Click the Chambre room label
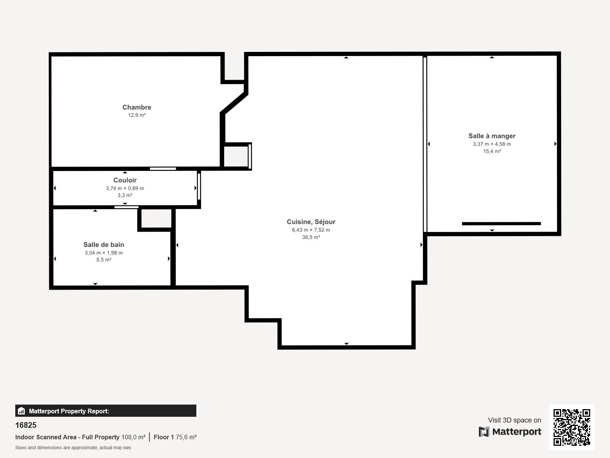click(137, 107)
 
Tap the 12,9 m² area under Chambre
click(137, 115)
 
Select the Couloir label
click(125, 180)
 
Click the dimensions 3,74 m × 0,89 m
click(125, 188)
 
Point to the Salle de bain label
click(104, 245)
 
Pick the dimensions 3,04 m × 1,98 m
click(104, 253)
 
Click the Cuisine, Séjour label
click(311, 222)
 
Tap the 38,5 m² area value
click(311, 237)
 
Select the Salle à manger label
click(492, 136)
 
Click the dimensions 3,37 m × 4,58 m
click(492, 144)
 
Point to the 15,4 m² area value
click(492, 151)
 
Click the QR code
click(571, 427)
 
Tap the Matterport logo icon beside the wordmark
click(484, 432)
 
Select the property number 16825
click(26, 425)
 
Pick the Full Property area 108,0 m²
click(133, 437)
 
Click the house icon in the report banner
click(21, 411)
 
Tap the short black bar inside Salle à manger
click(501, 224)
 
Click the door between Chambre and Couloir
click(163, 169)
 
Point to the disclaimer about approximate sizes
click(73, 448)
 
